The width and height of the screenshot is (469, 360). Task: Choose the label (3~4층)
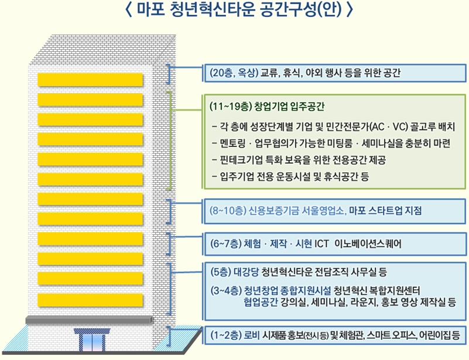click(x=226, y=290)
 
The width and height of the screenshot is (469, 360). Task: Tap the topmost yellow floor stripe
click(x=90, y=79)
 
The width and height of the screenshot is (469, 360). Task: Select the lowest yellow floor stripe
click(x=90, y=297)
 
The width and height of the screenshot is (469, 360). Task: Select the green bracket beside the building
click(x=170, y=140)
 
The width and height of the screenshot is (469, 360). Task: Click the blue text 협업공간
click(x=261, y=302)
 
